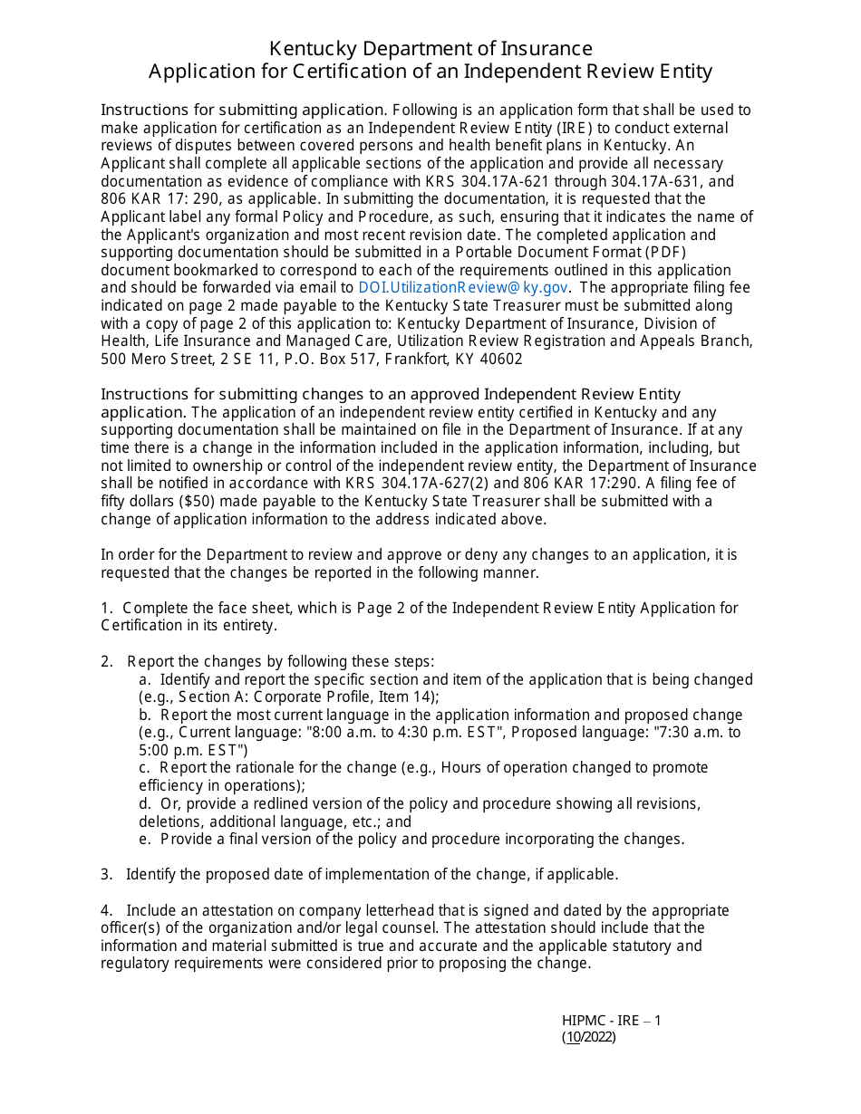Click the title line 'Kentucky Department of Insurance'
[430, 49]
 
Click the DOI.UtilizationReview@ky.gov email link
[463, 288]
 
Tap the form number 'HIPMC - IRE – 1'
[611, 1021]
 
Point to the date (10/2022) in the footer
[588, 1038]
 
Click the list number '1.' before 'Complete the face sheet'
[107, 608]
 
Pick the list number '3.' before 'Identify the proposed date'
[107, 874]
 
